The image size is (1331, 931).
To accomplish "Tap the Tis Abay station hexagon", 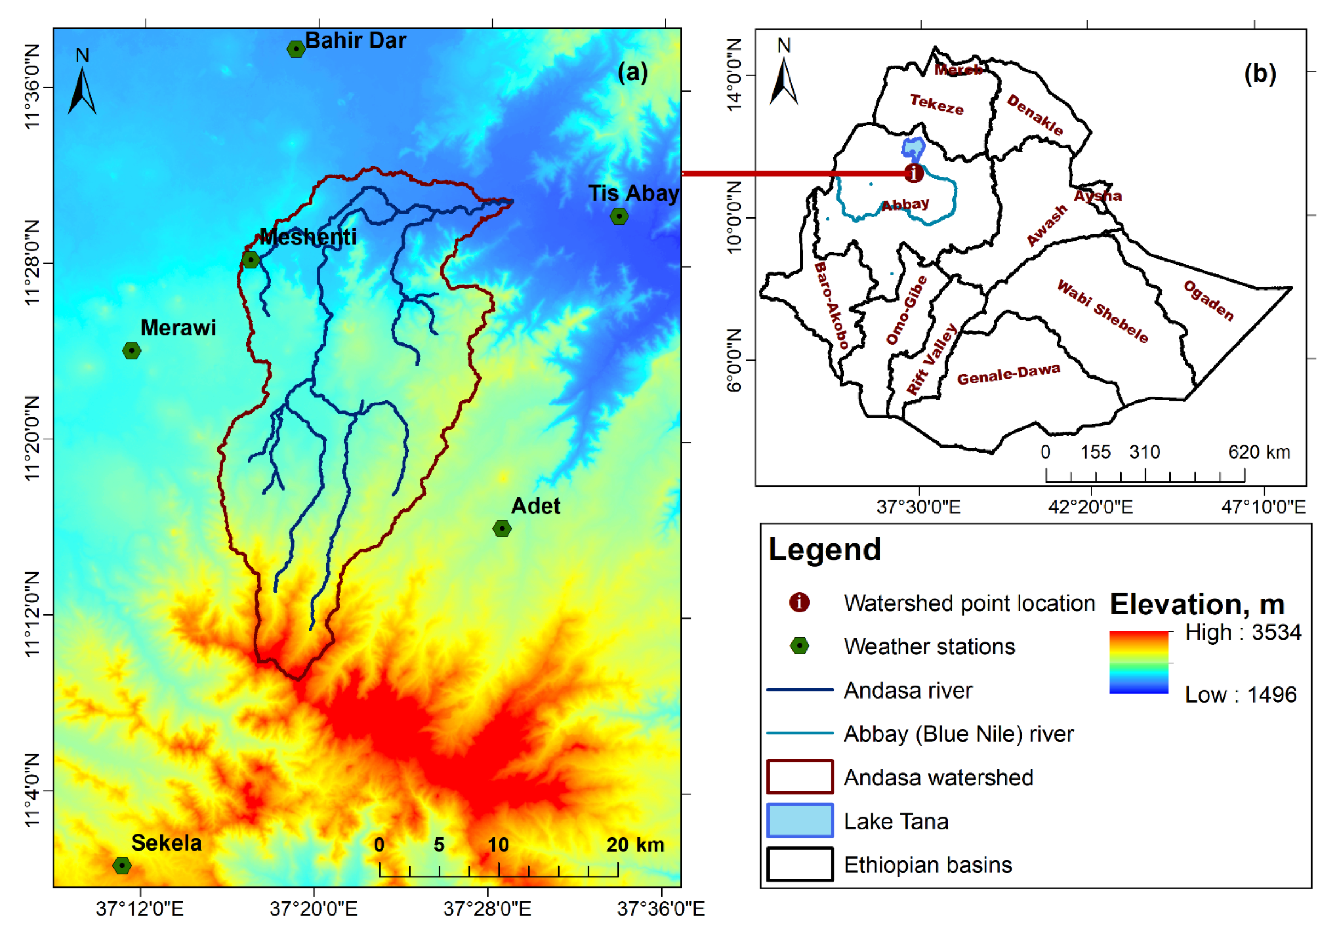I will coord(619,216).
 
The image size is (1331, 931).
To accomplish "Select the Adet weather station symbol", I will coord(502,529).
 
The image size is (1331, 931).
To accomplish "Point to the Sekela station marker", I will coord(122,865).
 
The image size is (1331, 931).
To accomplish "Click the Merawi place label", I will coord(178,328).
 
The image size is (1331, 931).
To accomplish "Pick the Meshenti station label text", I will coord(308,237).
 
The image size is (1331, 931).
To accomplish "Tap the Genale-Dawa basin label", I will coord(1009,374).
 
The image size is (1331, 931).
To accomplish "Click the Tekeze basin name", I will coord(937,105).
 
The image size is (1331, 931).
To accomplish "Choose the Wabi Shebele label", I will coord(1102,311).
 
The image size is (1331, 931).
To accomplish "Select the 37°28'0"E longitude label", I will coord(487,908).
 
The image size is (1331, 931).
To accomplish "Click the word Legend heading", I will coord(824,549).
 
